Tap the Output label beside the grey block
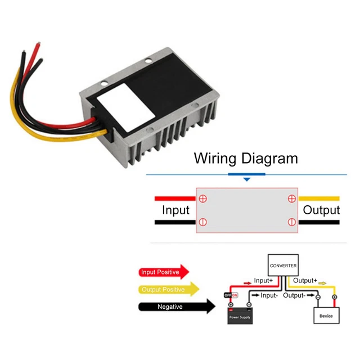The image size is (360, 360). point(321,210)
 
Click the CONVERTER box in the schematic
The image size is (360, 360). point(282,265)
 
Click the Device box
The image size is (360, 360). point(326,315)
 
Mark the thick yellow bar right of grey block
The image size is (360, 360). point(318,198)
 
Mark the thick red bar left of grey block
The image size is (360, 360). point(174,198)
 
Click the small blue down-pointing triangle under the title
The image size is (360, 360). point(246,179)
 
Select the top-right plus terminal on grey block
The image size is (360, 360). point(291,198)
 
